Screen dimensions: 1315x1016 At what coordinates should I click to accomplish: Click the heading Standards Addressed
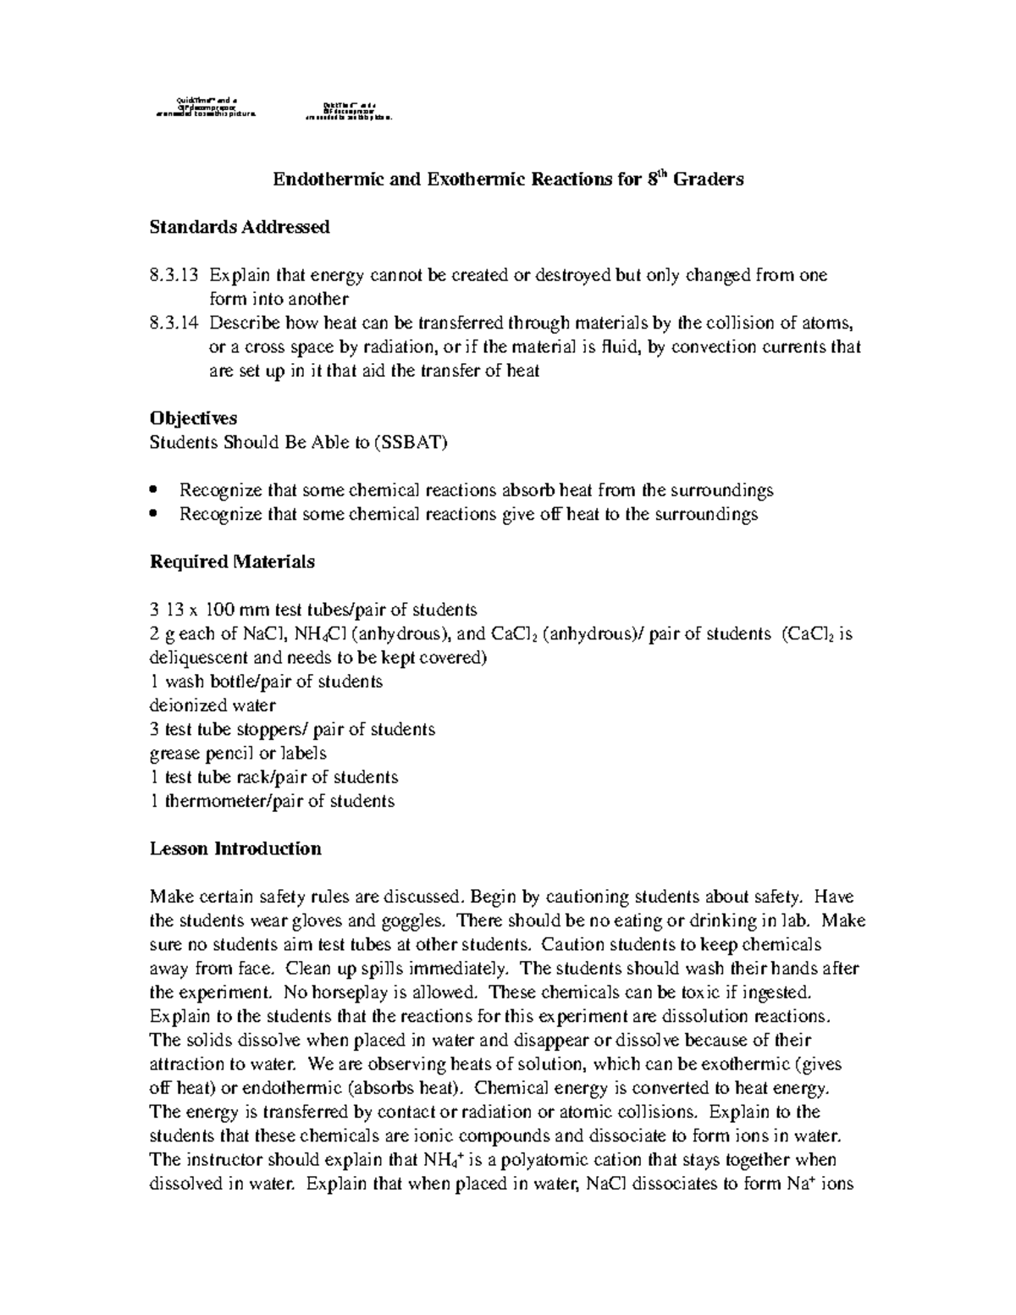tap(240, 227)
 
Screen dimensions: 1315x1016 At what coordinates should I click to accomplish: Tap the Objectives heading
tap(193, 418)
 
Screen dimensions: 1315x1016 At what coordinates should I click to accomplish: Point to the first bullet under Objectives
tap(153, 490)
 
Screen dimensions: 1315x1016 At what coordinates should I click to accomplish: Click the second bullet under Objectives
tap(153, 514)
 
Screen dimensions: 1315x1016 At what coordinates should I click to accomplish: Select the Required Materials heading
tap(232, 561)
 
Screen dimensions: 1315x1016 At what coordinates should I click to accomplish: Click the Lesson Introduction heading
tap(235, 848)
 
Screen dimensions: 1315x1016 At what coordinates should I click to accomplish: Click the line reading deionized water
tap(213, 705)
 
